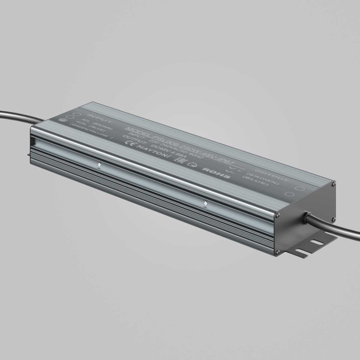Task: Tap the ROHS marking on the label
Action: click(212, 169)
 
